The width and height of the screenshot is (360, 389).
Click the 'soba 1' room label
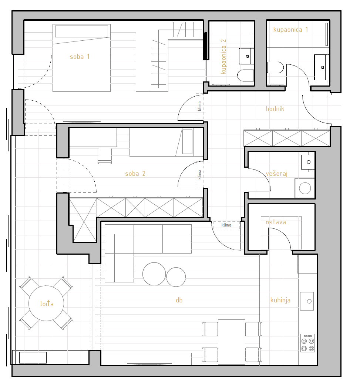click(80, 57)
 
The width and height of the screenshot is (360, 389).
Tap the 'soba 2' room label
click(135, 174)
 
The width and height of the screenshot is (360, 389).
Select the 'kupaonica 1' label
click(290, 30)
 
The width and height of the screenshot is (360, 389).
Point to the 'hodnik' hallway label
click(275, 109)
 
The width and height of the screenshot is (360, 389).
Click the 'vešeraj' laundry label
click(276, 174)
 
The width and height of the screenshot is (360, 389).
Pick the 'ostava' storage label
click(276, 222)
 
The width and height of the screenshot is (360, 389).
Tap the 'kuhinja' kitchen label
click(280, 300)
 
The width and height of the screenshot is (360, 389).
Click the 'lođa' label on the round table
click(47, 304)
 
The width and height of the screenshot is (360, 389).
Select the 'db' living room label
click(179, 300)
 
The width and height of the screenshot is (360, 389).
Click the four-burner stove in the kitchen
click(308, 343)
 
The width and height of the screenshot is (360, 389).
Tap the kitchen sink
click(307, 301)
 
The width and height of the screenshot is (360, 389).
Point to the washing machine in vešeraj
click(305, 188)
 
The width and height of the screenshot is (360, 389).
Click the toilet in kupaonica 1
click(275, 68)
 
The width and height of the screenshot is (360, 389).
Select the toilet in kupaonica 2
click(245, 76)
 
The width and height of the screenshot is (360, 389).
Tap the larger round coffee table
click(154, 274)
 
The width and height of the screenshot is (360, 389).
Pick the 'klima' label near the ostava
click(226, 225)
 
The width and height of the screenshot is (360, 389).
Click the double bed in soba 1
click(81, 58)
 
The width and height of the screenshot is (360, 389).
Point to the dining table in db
click(232, 342)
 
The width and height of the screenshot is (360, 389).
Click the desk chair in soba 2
click(104, 155)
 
